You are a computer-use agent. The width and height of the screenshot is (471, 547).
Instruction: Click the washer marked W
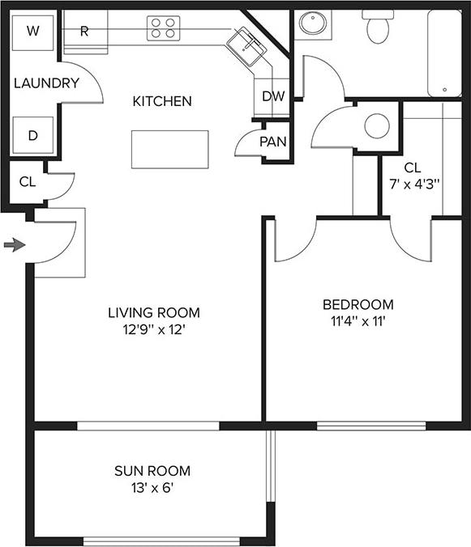tap(32, 32)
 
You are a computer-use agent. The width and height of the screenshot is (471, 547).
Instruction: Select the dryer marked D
tap(32, 135)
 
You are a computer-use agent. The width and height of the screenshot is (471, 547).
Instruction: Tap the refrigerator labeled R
tap(84, 32)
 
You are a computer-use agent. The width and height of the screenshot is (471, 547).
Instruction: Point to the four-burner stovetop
tap(164, 29)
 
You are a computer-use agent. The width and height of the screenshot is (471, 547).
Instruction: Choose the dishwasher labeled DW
tap(273, 95)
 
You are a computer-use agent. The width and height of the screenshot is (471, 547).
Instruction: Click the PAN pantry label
tap(273, 142)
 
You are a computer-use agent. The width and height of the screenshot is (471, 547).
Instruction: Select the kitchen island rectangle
tap(169, 149)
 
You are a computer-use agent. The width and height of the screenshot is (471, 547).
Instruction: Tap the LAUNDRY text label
tap(46, 83)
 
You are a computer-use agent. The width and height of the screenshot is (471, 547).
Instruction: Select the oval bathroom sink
tap(311, 23)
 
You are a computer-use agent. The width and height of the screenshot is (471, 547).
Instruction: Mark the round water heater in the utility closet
tap(377, 125)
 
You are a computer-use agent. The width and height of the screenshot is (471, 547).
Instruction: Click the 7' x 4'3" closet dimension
tap(412, 184)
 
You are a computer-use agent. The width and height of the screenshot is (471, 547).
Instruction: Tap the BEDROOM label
tap(358, 305)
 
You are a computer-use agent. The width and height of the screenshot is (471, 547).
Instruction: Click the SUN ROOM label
tap(152, 471)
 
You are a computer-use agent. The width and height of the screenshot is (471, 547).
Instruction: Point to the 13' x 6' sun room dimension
tap(152, 488)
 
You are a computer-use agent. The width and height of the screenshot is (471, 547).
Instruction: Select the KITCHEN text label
tap(162, 101)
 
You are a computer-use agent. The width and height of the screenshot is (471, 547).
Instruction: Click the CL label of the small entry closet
tap(28, 181)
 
